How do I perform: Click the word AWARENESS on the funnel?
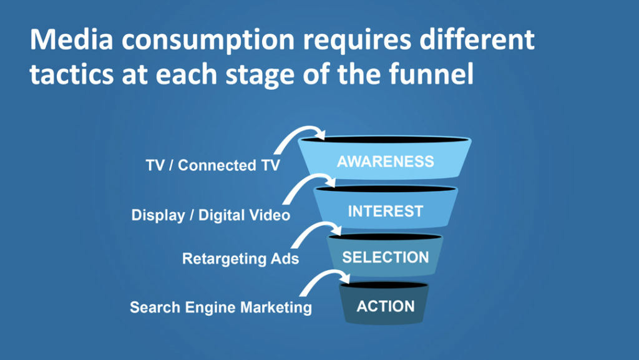coord(385,162)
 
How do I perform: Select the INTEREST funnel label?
coord(386,212)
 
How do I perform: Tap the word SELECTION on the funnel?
coord(386,258)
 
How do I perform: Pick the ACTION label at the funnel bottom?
coord(386,306)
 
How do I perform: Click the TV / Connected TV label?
coord(213,165)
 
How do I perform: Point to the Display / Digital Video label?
coord(211,215)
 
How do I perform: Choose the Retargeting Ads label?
coord(240,258)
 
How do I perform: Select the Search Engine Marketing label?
coord(221,307)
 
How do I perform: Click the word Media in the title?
coord(71,40)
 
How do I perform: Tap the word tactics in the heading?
coord(72,74)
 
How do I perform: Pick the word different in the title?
coord(477,39)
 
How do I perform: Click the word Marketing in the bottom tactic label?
coord(276,307)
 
